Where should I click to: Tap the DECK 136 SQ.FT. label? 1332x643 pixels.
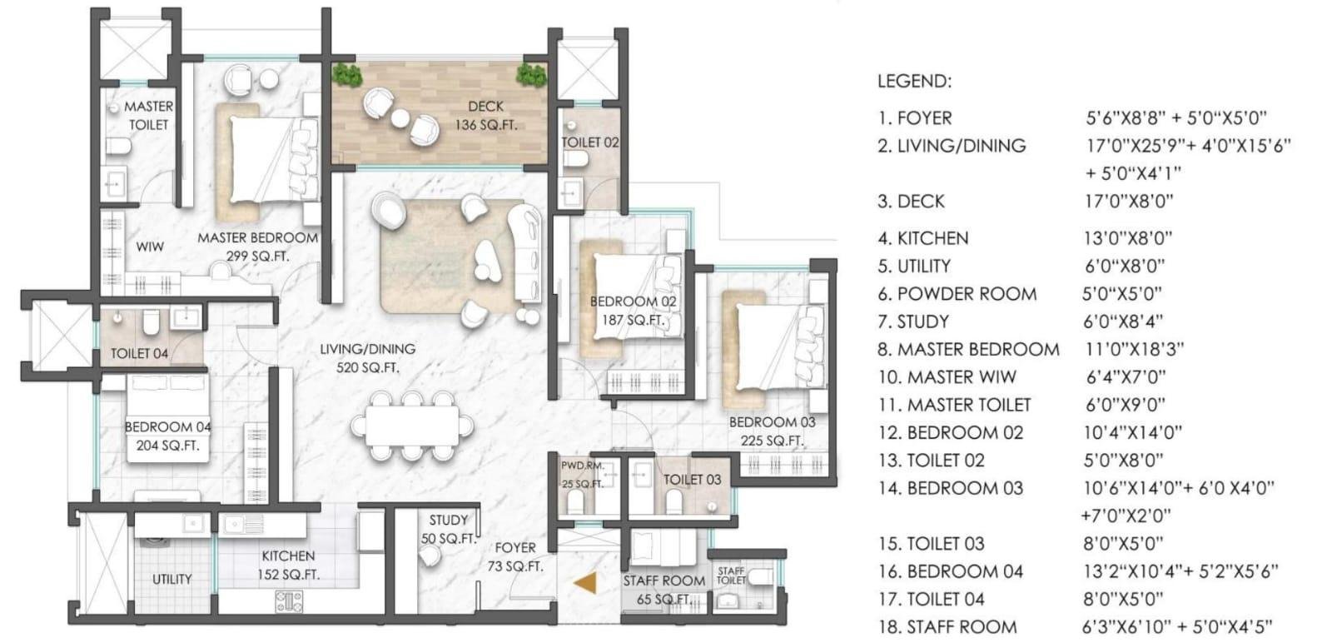[x=485, y=116]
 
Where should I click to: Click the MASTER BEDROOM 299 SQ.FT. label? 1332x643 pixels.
[x=257, y=247]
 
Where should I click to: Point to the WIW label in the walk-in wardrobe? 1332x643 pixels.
[x=150, y=247]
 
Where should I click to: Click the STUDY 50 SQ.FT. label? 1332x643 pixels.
[x=448, y=530]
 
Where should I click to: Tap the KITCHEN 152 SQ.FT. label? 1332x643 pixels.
[x=288, y=565]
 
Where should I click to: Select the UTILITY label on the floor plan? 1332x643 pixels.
[x=172, y=579]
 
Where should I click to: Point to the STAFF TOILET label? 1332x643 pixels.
[x=731, y=575]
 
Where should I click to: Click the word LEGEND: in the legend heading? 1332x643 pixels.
[x=913, y=82]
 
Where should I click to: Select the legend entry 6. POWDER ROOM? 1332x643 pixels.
[x=957, y=294]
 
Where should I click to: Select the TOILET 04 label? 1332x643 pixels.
[x=139, y=354]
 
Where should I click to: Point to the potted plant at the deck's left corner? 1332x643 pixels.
[x=347, y=75]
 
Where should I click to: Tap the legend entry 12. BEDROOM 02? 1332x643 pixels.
[x=950, y=433]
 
